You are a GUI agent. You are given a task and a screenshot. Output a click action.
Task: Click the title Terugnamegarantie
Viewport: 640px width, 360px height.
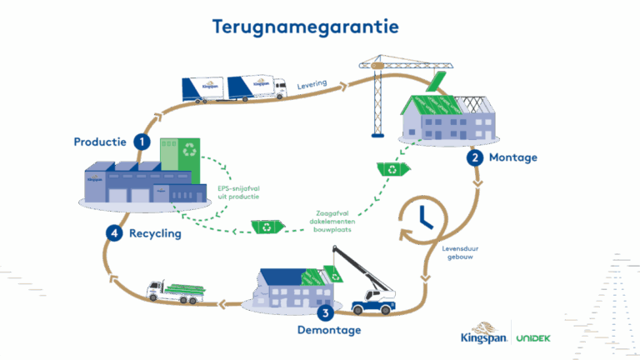305,27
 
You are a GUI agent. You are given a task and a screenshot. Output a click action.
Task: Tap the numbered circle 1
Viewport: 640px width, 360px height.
143,142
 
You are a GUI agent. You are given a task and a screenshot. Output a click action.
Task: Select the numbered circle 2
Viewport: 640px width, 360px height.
474,157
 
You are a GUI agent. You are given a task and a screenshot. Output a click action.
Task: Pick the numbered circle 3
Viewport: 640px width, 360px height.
326,313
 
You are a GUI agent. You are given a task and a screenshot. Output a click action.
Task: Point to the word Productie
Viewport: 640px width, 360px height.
99,142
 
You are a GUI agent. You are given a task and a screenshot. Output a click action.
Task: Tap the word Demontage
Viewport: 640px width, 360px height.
329,331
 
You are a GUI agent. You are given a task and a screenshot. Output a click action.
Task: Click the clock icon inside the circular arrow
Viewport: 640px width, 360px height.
425,216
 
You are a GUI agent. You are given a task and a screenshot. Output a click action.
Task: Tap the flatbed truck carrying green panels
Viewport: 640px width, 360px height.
176,288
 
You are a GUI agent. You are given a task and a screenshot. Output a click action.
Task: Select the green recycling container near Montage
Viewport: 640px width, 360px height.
391,169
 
